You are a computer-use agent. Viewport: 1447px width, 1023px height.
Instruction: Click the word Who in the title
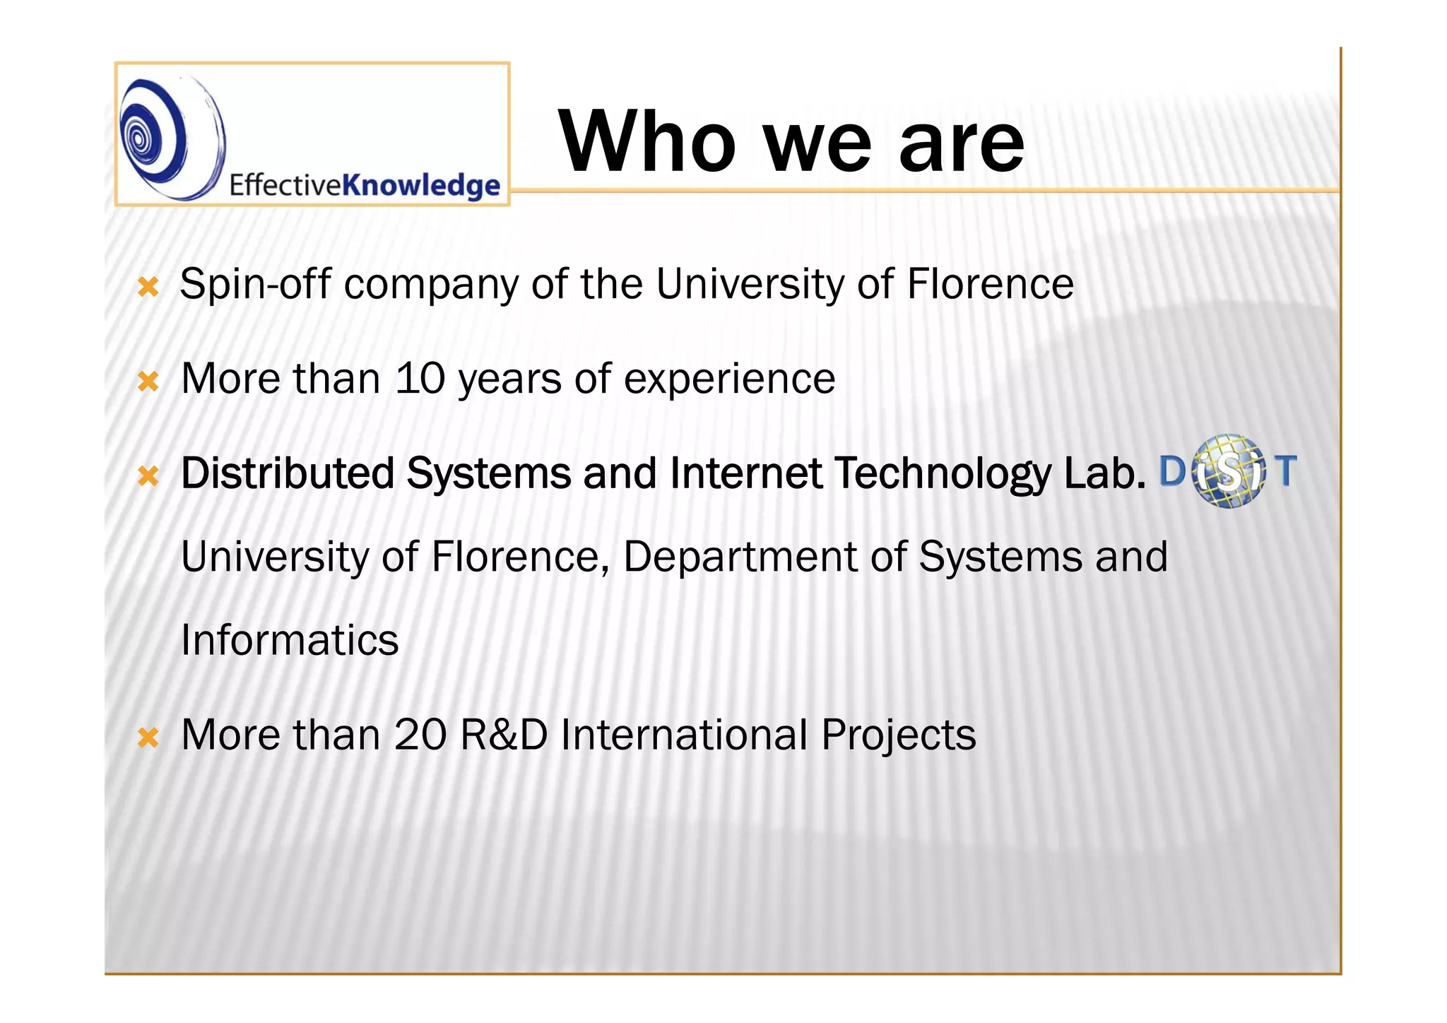(x=647, y=141)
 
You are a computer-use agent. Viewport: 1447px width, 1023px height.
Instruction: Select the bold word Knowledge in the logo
(x=421, y=185)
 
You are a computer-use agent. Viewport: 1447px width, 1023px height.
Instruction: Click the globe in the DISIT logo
(x=1228, y=472)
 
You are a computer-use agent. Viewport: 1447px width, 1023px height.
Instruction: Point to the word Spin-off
(x=255, y=285)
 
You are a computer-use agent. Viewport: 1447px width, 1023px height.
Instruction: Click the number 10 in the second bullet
(x=420, y=379)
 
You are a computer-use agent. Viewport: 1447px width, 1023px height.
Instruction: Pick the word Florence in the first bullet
(x=990, y=284)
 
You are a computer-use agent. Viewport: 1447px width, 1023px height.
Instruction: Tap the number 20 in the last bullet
(x=420, y=735)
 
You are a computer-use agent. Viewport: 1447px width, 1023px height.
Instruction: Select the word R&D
(x=504, y=735)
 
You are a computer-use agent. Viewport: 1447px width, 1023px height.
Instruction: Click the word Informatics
(x=290, y=640)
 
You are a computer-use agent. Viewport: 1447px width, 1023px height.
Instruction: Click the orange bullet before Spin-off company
(x=148, y=287)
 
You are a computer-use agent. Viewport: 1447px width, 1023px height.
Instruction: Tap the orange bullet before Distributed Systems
(x=148, y=475)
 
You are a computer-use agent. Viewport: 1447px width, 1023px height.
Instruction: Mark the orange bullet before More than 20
(x=148, y=738)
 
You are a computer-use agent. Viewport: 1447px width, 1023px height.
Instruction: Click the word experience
(x=729, y=379)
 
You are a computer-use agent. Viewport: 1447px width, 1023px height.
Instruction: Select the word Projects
(x=898, y=735)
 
